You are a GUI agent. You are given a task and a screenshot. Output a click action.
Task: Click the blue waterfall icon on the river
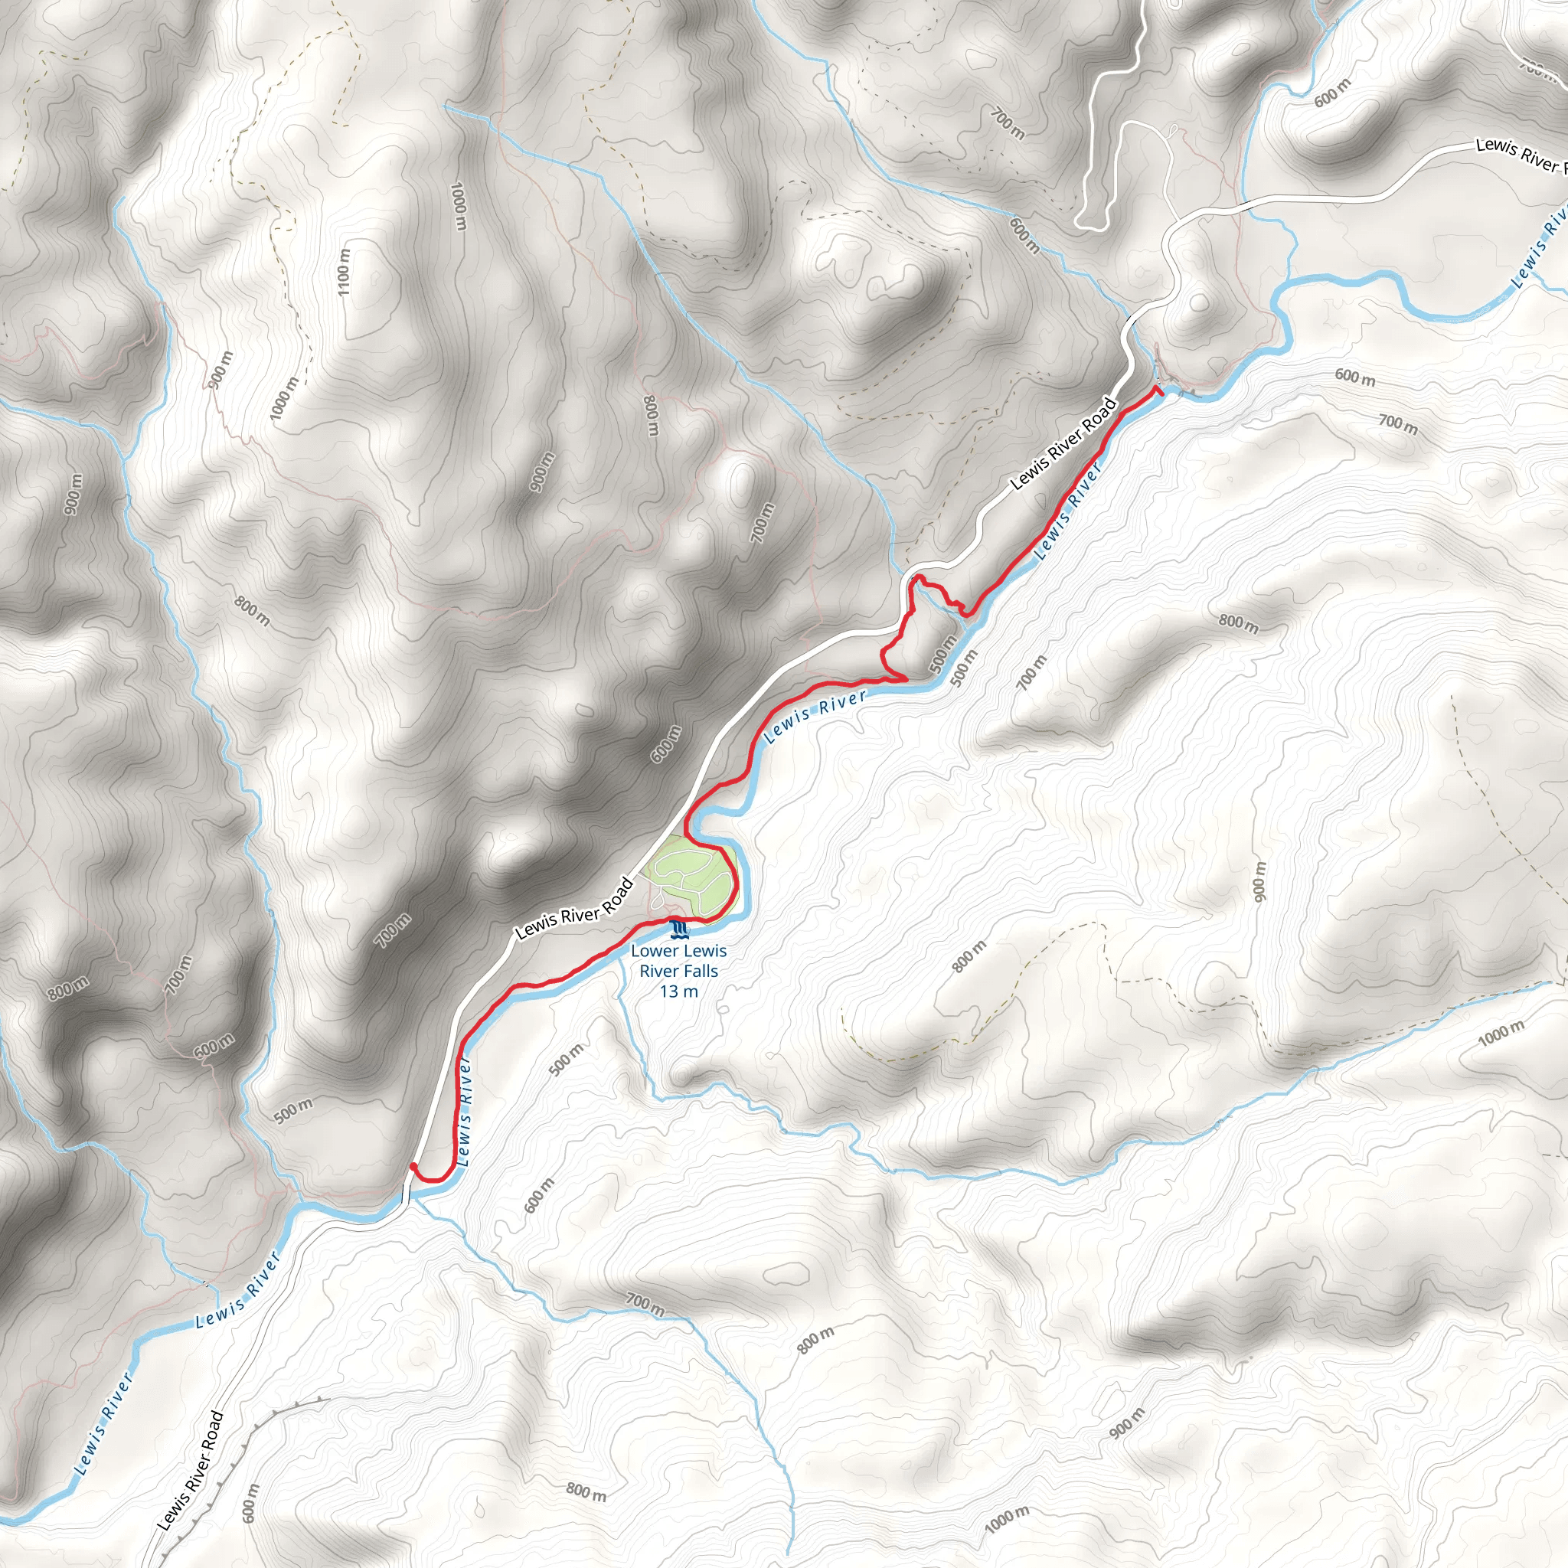(679, 927)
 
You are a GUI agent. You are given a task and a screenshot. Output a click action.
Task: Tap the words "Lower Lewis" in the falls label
(678, 950)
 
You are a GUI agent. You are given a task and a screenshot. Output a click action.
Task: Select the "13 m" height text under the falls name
(678, 991)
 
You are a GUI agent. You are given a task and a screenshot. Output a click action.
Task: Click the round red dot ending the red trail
(413, 1166)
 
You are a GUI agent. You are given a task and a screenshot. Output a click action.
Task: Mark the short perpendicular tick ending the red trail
(1158, 391)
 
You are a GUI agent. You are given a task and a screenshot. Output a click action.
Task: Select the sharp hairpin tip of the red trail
(906, 678)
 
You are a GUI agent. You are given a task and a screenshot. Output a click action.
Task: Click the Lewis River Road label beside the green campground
(573, 908)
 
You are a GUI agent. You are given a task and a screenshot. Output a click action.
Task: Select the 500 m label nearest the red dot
(293, 1109)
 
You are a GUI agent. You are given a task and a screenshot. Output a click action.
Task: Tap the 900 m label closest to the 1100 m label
(219, 369)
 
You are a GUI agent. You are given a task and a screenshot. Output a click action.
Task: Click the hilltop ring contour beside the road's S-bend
(1200, 303)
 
